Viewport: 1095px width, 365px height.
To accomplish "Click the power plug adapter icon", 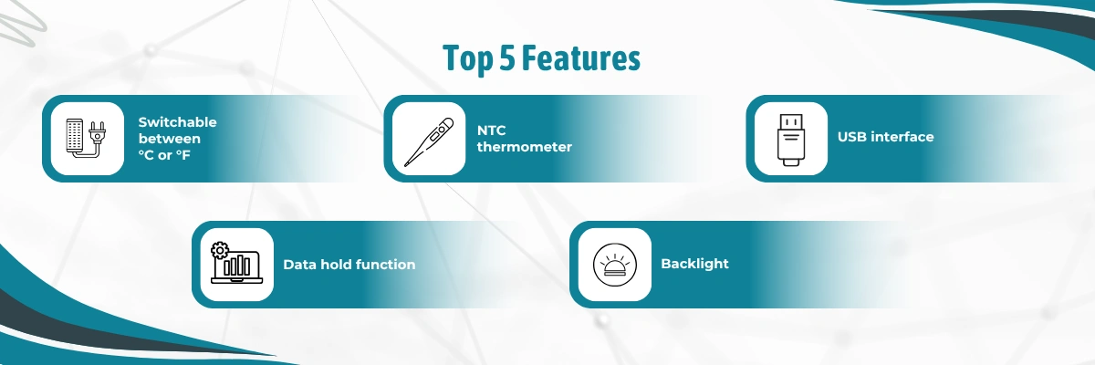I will point(87,139).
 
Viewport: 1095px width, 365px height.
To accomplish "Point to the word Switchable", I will point(177,121).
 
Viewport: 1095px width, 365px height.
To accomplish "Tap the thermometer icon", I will point(428,139).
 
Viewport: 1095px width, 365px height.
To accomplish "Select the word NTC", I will point(491,130).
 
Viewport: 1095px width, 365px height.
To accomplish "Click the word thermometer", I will point(524,147).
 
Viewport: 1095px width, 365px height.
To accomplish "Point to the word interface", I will point(902,137).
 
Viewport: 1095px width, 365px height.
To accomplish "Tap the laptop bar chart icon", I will point(235,265).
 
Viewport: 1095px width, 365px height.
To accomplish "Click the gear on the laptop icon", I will point(218,251).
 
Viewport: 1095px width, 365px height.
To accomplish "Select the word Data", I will point(298,265).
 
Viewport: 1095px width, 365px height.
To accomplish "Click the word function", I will point(385,265).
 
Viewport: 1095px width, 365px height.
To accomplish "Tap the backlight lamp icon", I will point(610,265).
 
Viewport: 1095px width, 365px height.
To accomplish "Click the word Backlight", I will point(694,264).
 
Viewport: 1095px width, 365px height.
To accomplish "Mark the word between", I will point(170,138).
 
